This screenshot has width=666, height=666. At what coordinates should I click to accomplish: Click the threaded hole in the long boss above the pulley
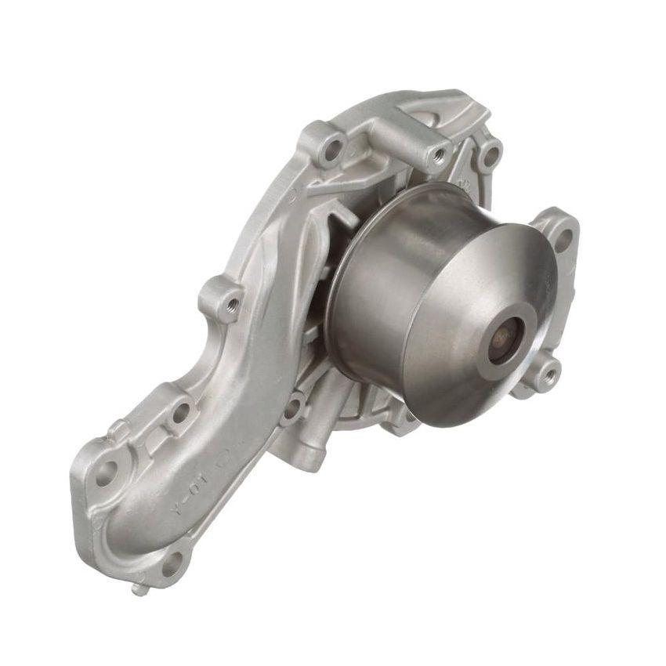pos(436,153)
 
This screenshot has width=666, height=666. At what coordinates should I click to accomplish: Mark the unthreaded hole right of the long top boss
pos(492,154)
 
